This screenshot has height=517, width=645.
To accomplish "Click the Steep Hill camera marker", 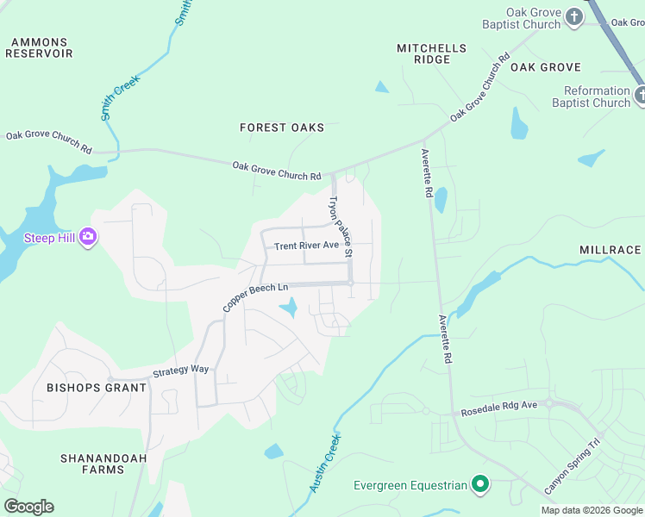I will pos(87,237).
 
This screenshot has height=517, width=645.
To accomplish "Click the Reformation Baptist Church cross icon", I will pos(639,97).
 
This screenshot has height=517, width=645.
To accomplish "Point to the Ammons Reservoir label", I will pos(39,47).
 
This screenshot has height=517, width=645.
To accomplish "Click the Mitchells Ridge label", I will pos(431,53).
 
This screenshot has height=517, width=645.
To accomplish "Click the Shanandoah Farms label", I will pos(92,464).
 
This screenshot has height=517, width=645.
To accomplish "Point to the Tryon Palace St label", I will pos(339,227).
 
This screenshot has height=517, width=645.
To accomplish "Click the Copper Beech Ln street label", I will pos(255,297).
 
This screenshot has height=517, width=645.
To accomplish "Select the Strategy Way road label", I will pos(181,371).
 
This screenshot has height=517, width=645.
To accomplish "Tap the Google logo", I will pos(28,507).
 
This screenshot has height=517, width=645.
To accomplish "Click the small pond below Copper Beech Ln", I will pos(289,307).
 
